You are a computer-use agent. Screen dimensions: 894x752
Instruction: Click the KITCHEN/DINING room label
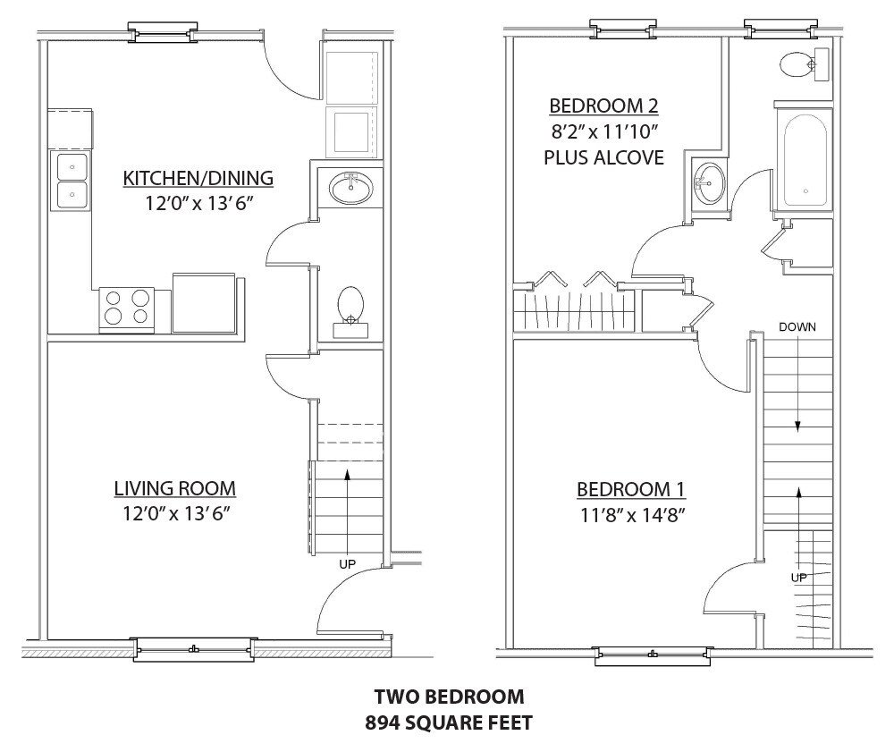pyautogui.click(x=198, y=178)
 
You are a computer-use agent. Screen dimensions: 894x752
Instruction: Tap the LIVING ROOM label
pyautogui.click(x=175, y=488)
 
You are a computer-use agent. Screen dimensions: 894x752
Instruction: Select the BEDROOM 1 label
pyautogui.click(x=631, y=489)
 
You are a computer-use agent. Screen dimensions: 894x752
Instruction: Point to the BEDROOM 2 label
pyautogui.click(x=603, y=106)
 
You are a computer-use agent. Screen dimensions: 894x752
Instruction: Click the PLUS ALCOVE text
pyautogui.click(x=603, y=157)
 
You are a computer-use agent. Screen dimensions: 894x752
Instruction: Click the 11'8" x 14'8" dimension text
pyautogui.click(x=632, y=515)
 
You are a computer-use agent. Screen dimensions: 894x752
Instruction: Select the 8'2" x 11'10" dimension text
pyautogui.click(x=604, y=131)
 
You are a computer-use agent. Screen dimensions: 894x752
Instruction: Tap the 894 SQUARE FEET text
pyautogui.click(x=449, y=722)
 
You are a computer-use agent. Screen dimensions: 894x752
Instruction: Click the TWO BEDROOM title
pyautogui.click(x=450, y=697)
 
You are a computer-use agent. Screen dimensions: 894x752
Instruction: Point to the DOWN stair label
pyautogui.click(x=797, y=327)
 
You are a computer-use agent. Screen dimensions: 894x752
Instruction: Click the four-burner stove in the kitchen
pyautogui.click(x=127, y=308)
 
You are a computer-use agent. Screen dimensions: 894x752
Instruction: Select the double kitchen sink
pyautogui.click(x=72, y=180)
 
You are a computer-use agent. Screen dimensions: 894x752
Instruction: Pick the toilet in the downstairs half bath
pyautogui.click(x=350, y=312)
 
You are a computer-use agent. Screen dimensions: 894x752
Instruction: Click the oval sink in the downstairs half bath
pyautogui.click(x=351, y=188)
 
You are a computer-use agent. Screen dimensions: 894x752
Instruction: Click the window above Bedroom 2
pyautogui.click(x=622, y=29)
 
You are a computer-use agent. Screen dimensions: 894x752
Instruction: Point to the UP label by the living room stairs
pyautogui.click(x=347, y=564)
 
